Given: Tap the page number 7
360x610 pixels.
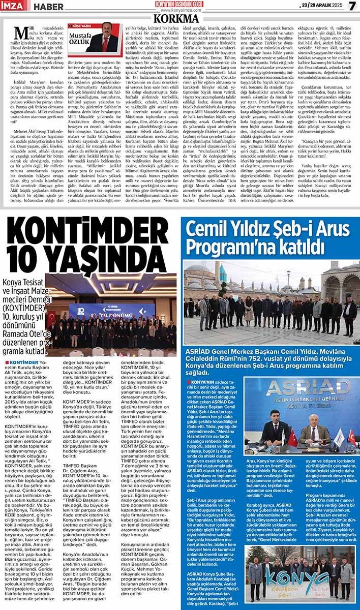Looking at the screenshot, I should [351, 7].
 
